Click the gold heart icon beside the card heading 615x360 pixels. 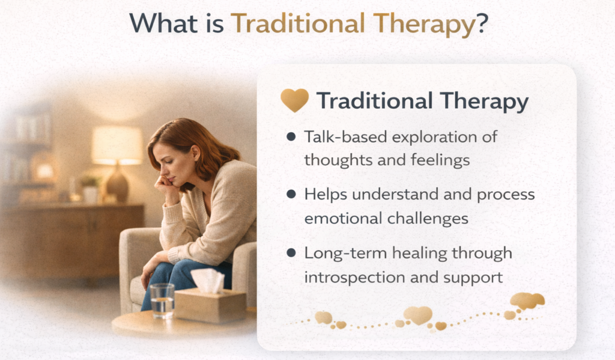294,101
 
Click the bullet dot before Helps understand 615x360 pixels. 291,195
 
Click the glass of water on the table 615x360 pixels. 162,300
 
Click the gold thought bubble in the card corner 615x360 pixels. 527,301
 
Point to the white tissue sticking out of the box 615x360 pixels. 208,279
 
